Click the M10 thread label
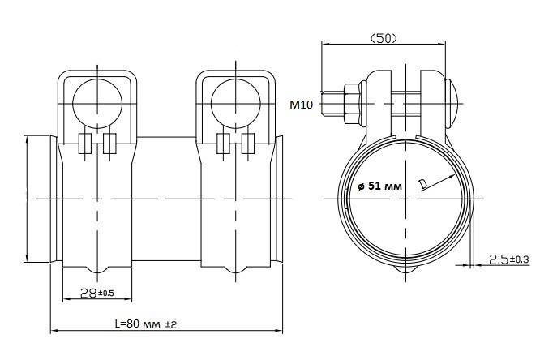pos(302,105)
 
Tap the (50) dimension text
pos(384,38)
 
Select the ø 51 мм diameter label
pos(379,186)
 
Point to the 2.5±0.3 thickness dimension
pos(509,259)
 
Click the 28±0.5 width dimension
pos(96,294)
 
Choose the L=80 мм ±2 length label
pos(146,324)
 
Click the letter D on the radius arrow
pos(422,185)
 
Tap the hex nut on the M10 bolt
pos(352,103)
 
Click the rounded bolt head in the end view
pos(452,103)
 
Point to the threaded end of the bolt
pos(332,103)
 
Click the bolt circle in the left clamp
pos(97,104)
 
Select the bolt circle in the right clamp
pos(236,104)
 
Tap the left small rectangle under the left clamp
pos(85,144)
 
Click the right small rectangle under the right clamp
pos(248,144)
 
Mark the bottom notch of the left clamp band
pos(98,269)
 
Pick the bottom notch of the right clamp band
pos(236,269)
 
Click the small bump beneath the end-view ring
pos(406,269)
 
